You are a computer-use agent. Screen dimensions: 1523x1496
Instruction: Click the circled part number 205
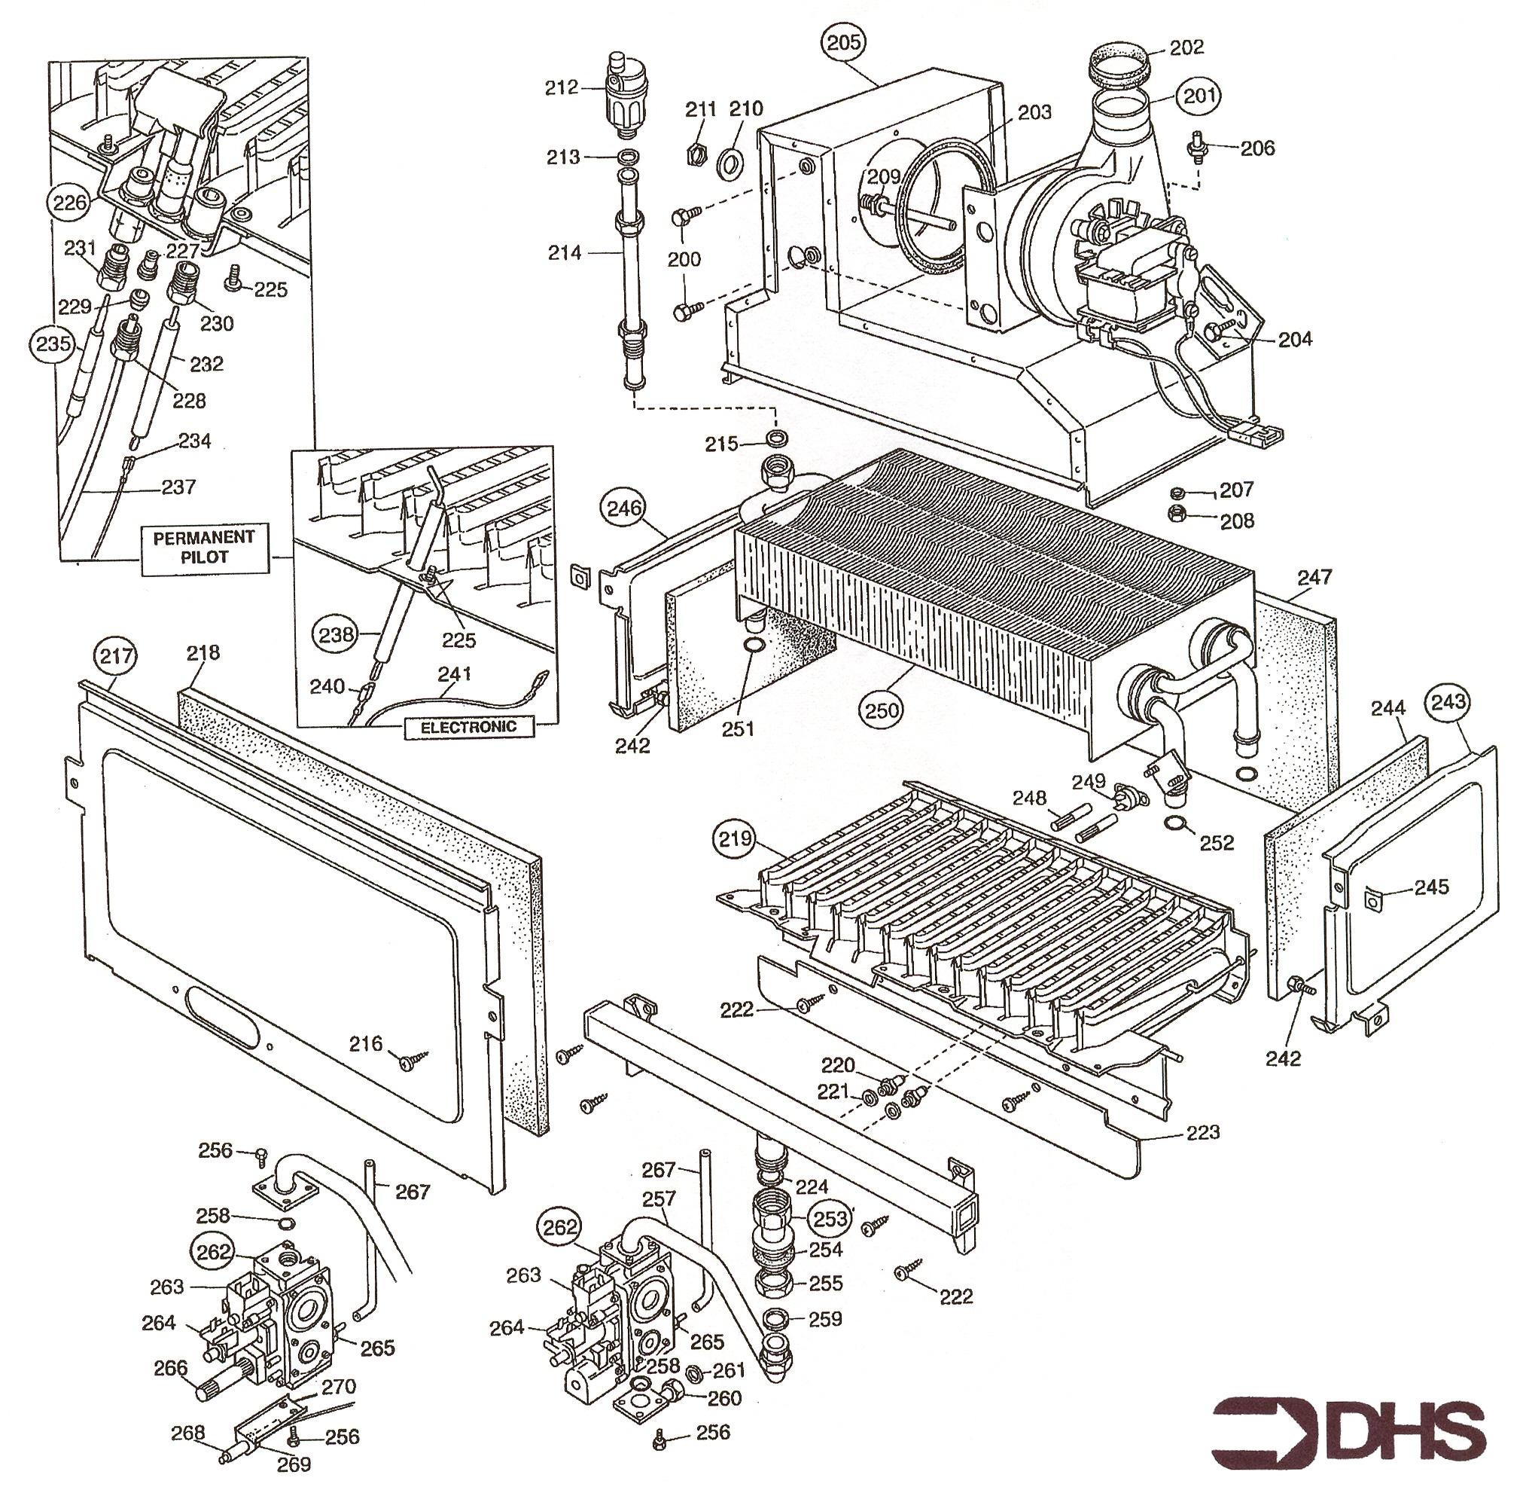(844, 42)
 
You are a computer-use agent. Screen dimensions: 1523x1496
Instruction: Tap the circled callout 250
(882, 710)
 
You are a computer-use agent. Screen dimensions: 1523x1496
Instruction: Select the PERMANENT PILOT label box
(203, 548)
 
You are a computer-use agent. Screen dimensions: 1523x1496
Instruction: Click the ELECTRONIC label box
(469, 727)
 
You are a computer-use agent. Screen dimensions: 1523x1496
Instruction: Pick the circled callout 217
(115, 655)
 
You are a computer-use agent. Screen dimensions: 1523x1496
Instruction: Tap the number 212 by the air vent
(562, 87)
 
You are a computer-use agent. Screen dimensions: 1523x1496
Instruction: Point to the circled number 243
(1449, 700)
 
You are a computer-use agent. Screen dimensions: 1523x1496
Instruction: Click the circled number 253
(830, 1219)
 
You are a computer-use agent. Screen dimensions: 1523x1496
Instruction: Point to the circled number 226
(69, 203)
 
